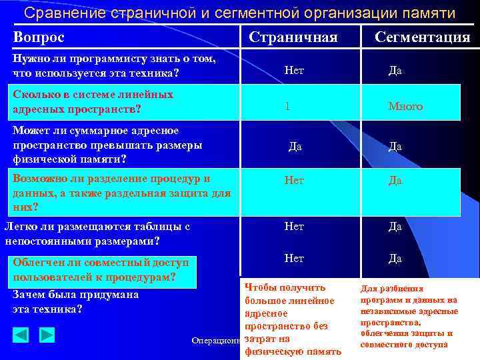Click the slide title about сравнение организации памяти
240,13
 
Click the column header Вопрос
39,37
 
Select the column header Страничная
293,37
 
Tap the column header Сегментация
422,37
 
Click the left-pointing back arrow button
21,335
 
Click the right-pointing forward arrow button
47,335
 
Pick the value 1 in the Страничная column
287,106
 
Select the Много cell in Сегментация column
405,106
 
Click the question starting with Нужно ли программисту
114,65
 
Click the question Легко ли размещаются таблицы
97,233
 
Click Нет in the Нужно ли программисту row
294,69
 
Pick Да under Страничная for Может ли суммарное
295,146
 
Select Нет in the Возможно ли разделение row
294,179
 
